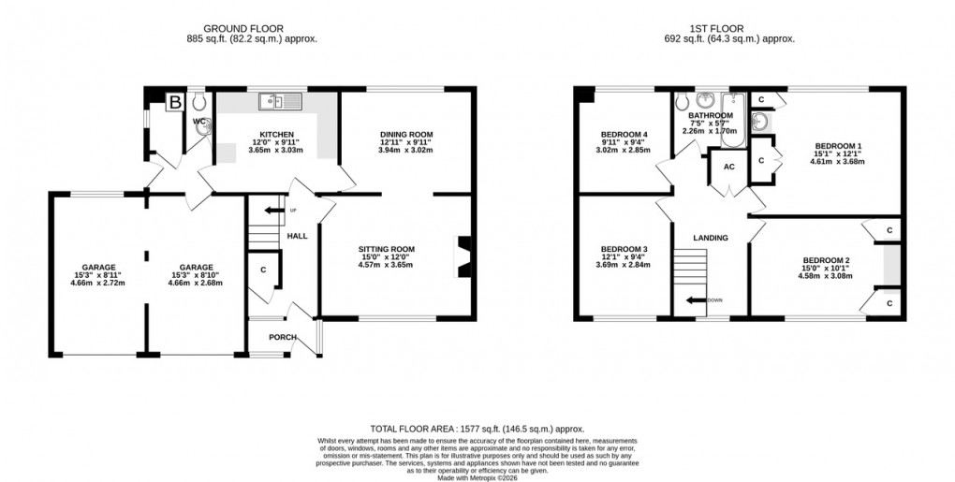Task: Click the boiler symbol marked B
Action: coord(173,104)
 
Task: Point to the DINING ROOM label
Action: coord(406,135)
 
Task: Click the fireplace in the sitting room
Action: coord(462,256)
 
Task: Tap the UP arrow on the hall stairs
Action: coord(269,211)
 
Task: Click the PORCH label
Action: coord(282,338)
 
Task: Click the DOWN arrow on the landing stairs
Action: coord(696,300)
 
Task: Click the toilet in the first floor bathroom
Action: coord(683,102)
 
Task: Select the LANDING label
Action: coord(711,238)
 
